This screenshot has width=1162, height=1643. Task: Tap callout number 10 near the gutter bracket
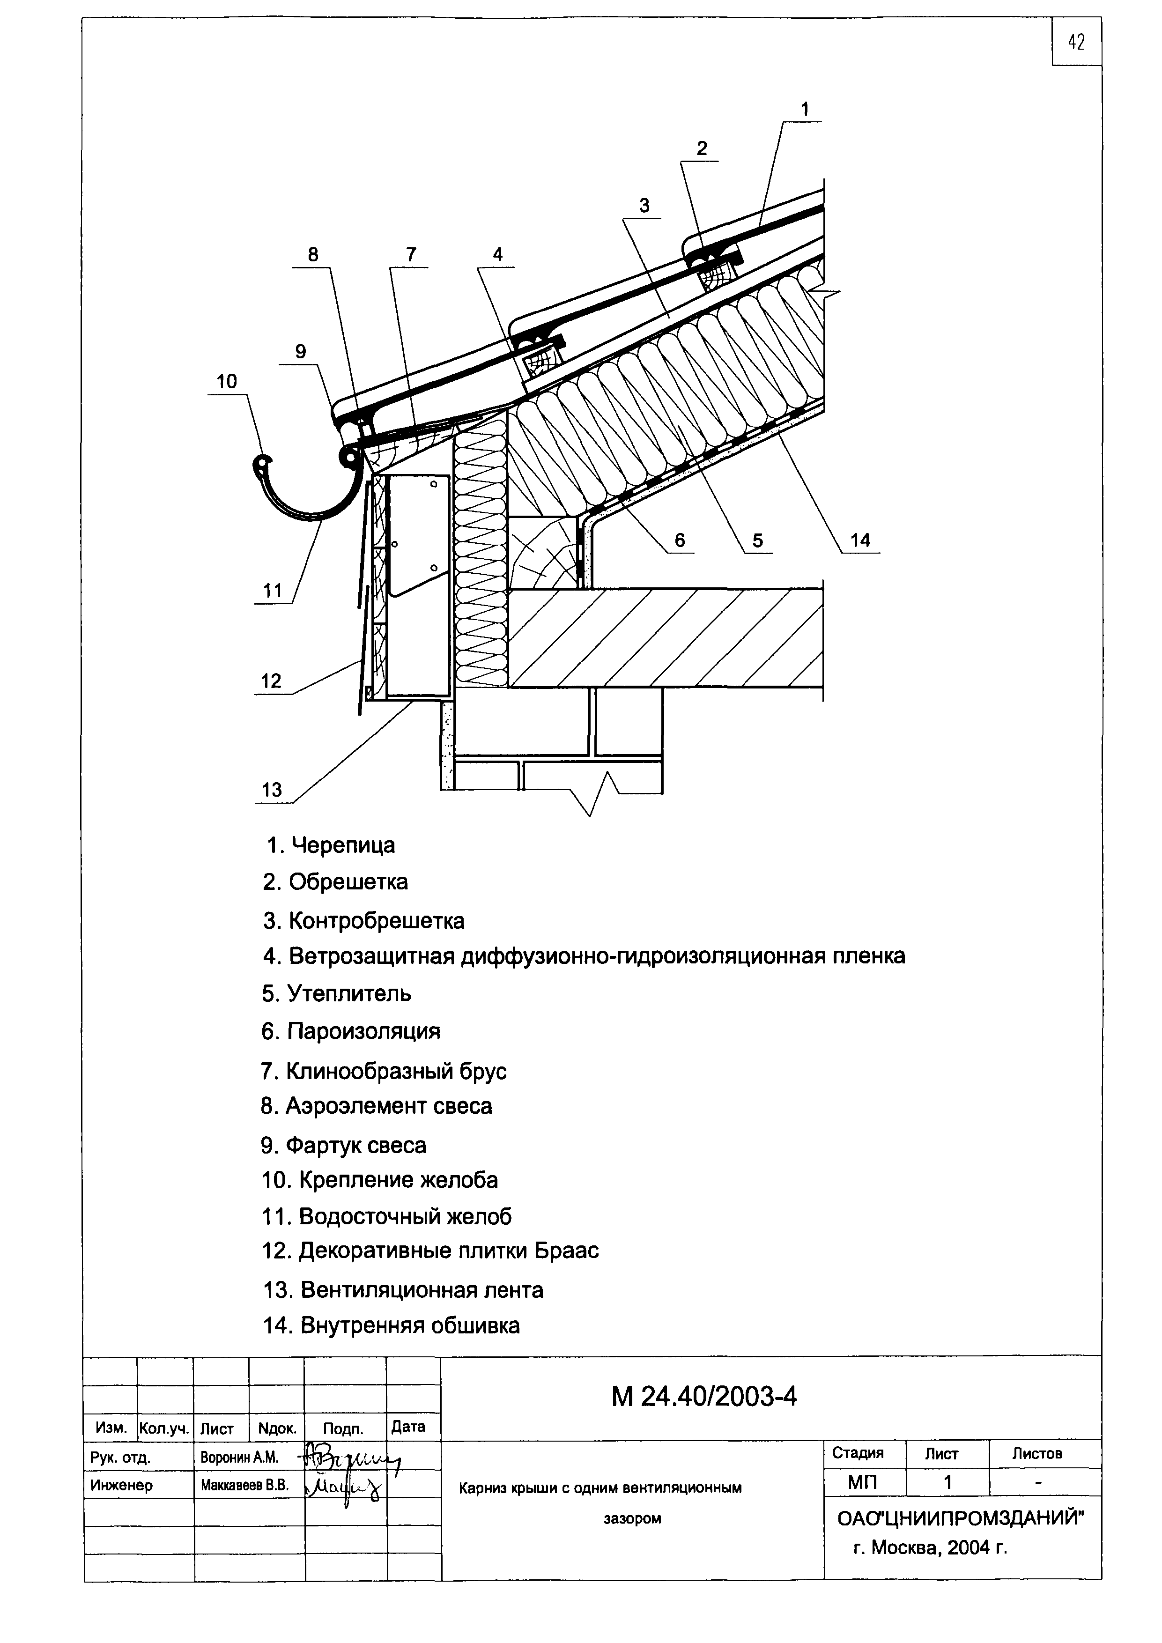[227, 381]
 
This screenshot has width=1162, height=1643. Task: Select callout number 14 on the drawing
[860, 540]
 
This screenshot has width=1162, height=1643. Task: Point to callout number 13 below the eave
[272, 790]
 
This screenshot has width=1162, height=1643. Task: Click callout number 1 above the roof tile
[805, 110]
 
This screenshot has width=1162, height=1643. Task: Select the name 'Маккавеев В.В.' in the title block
[244, 1486]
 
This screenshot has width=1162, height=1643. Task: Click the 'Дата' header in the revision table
[408, 1427]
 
